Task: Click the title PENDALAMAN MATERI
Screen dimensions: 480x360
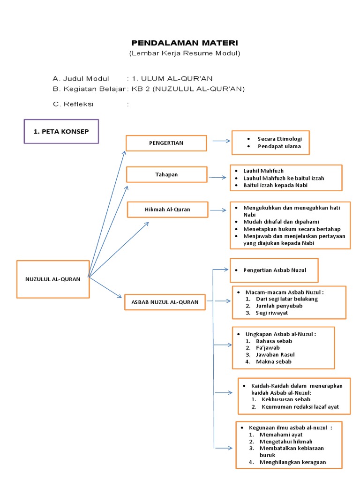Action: point(185,43)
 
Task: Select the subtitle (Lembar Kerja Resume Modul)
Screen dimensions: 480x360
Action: point(185,53)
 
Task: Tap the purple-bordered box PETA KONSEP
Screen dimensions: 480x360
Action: point(61,132)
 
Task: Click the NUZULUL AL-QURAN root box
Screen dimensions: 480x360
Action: point(53,279)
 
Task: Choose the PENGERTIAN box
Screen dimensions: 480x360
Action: point(166,143)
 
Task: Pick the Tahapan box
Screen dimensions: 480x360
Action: point(166,174)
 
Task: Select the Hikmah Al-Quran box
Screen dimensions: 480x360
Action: point(167,210)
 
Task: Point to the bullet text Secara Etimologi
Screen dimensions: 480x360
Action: point(279,139)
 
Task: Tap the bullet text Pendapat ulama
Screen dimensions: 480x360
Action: point(279,146)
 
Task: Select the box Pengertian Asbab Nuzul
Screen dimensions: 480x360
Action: point(274,270)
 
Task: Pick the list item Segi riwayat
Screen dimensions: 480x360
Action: point(272,313)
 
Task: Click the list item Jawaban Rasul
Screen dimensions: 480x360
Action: point(275,355)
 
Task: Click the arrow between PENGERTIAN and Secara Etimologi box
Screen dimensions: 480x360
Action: point(221,140)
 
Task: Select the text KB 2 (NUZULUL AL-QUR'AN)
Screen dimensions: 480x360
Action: point(188,89)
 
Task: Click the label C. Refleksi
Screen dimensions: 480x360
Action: point(73,104)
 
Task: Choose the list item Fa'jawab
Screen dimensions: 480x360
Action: point(268,348)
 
